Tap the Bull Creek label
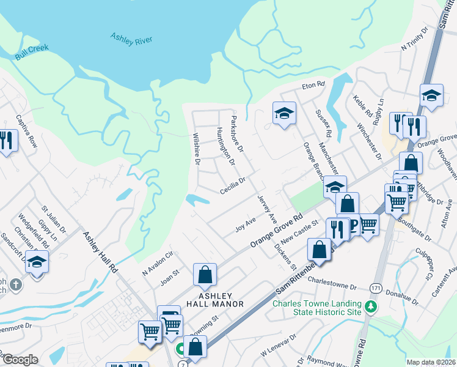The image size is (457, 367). point(32,51)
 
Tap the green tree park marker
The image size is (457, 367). point(369,307)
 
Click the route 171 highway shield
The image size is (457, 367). point(375,287)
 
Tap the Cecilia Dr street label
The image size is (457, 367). point(233,185)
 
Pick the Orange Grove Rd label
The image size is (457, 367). point(277,231)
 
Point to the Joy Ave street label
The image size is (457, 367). point(245,226)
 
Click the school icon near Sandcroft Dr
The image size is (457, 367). point(37,263)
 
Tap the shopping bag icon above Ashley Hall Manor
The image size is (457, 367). point(205,275)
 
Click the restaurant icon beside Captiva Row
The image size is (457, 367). point(7,142)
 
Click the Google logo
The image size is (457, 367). point(20,360)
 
